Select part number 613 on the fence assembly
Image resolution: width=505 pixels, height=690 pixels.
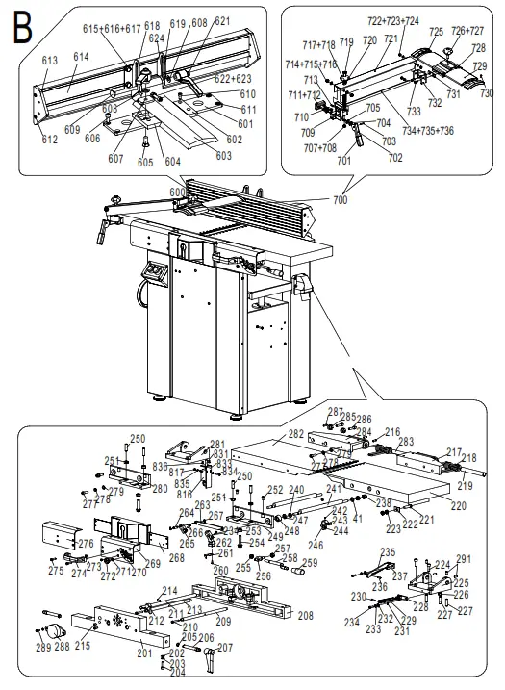(50, 60)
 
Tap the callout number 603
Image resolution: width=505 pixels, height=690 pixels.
(222, 155)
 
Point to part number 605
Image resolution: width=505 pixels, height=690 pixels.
(144, 163)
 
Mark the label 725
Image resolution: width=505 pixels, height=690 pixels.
(436, 32)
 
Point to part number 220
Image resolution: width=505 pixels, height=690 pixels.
(458, 505)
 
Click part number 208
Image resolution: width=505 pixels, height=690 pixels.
(306, 614)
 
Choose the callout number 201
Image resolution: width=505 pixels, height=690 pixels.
(145, 653)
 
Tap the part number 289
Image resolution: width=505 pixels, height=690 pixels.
(43, 648)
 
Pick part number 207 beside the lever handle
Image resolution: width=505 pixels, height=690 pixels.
(225, 648)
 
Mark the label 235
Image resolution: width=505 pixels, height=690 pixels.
(387, 551)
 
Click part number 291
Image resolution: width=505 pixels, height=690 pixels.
(464, 559)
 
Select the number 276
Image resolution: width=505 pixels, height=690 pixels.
(87, 545)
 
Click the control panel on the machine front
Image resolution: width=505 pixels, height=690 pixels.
(153, 273)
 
